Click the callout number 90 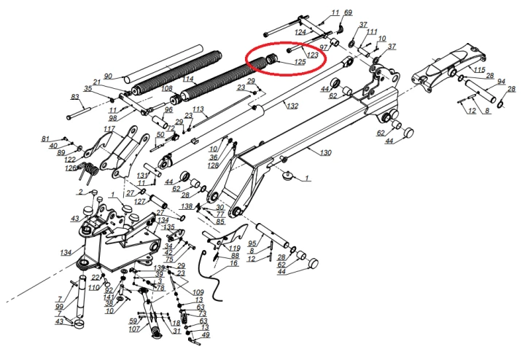(107, 77)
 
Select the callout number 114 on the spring (188, 79)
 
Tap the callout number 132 (292, 107)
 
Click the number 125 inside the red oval (300, 63)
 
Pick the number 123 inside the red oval (313, 54)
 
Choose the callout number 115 (479, 70)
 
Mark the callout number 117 (109, 130)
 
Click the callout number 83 (74, 97)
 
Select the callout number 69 (348, 13)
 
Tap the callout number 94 (501, 82)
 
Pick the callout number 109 (198, 291)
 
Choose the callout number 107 (133, 329)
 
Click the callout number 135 (169, 227)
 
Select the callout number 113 (198, 109)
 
